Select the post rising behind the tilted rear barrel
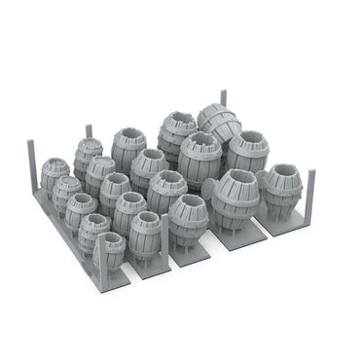pos(223,98)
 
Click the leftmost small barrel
pos(54,174)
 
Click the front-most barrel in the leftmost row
pos(111,249)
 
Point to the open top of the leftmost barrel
pos(55,164)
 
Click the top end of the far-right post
pos(311,172)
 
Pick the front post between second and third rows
pos(165,234)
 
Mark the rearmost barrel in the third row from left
pos(128,146)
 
